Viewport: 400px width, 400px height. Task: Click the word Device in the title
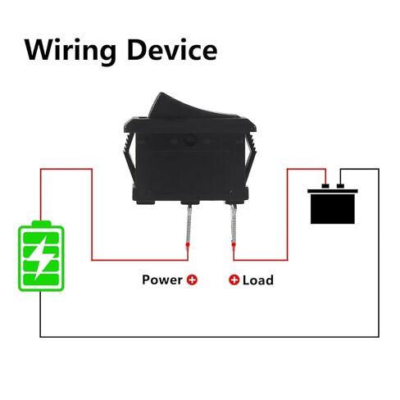(x=172, y=49)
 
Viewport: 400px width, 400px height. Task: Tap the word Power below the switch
(x=162, y=280)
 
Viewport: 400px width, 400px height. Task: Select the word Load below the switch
(x=258, y=280)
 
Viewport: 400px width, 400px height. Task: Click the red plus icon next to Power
(x=192, y=280)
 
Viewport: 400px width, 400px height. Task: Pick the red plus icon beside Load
(x=234, y=280)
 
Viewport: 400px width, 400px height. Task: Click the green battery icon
(x=41, y=256)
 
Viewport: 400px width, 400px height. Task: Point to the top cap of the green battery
(x=41, y=224)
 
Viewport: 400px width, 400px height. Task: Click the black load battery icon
(x=333, y=204)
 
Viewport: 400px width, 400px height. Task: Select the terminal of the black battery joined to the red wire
(x=325, y=186)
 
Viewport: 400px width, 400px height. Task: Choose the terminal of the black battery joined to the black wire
(x=340, y=186)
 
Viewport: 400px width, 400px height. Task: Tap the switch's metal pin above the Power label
(x=189, y=224)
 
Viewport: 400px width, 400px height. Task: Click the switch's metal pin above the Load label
(x=234, y=224)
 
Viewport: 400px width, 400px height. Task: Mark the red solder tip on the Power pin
(x=188, y=247)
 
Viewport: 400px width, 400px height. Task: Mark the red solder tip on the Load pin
(x=234, y=247)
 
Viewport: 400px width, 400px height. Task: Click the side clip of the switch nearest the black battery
(x=250, y=153)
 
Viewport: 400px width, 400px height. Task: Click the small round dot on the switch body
(x=189, y=141)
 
